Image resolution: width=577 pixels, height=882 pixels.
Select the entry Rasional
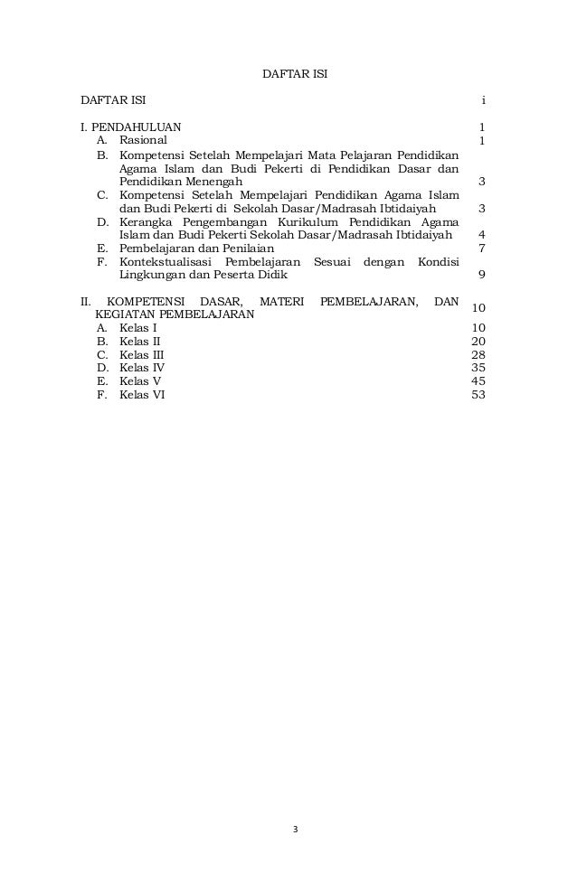coord(143,141)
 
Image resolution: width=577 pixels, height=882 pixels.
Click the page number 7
coord(483,248)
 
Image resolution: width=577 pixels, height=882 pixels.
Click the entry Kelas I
coord(137,327)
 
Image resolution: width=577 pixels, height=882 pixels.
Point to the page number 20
coord(478,341)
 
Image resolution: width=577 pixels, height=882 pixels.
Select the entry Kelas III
coord(142,354)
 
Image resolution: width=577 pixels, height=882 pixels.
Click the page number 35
coord(478,368)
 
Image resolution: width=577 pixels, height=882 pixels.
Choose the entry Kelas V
coord(140,381)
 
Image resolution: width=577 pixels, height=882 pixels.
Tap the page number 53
coord(478,395)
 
